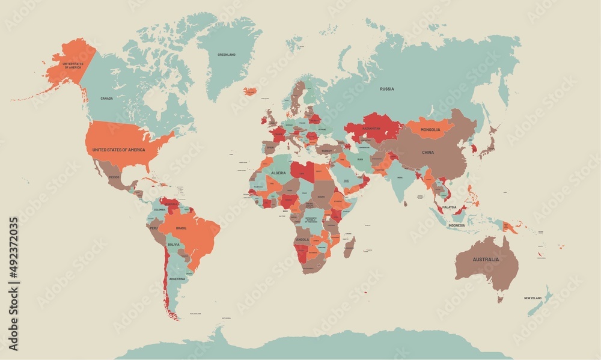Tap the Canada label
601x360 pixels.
106,98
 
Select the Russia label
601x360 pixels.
387,89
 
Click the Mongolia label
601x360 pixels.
430,130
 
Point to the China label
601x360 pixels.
427,153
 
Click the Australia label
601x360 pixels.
485,260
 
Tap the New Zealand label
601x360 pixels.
532,298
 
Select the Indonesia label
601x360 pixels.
456,225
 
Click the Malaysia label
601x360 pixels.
450,207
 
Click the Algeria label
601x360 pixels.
279,172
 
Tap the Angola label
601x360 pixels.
302,239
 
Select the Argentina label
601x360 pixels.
177,279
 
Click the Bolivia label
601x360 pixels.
173,245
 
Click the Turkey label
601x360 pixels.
326,151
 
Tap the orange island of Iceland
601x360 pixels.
250,91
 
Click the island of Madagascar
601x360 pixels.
349,247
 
